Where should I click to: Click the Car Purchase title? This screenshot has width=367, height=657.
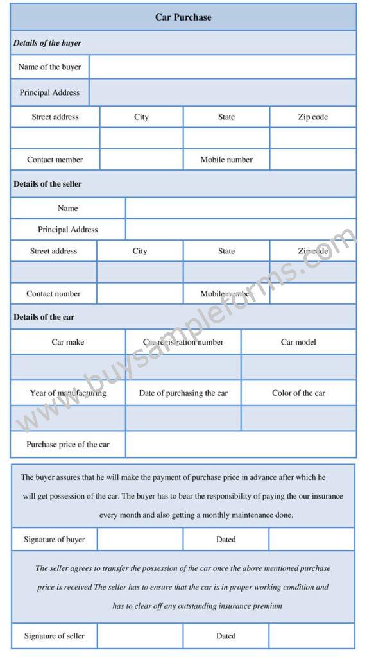click(x=183, y=17)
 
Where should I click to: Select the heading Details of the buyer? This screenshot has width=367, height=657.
click(x=47, y=43)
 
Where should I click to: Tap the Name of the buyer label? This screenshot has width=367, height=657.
click(x=50, y=67)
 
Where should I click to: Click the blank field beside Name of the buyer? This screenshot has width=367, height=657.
click(x=222, y=67)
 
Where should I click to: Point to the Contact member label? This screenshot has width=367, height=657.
click(x=55, y=160)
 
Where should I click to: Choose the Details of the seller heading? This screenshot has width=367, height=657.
click(x=47, y=184)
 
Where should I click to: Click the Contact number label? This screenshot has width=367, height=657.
click(x=54, y=294)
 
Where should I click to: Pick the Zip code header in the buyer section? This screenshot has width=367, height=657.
click(x=312, y=117)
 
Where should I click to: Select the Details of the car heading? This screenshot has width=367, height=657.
click(x=44, y=317)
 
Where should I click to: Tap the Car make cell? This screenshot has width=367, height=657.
click(x=68, y=342)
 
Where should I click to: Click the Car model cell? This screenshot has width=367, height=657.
click(x=298, y=342)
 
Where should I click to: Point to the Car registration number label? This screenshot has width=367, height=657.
click(x=183, y=342)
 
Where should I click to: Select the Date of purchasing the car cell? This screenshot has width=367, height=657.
click(x=183, y=393)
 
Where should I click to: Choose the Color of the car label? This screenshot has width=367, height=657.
click(x=298, y=393)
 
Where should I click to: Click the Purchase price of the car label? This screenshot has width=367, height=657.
click(x=68, y=444)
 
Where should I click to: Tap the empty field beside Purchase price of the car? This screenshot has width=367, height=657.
click(x=241, y=444)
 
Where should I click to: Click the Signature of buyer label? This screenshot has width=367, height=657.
click(x=55, y=540)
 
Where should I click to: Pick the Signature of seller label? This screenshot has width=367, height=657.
click(x=55, y=636)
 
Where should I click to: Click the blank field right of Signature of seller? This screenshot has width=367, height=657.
click(x=140, y=636)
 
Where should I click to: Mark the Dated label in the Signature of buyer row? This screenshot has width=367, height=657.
click(x=226, y=540)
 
